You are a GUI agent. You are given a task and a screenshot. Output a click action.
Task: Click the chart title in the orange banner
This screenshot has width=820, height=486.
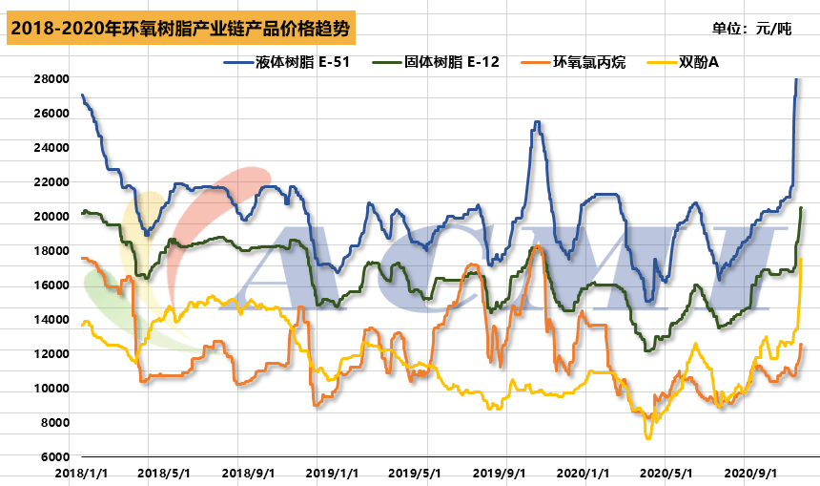181,30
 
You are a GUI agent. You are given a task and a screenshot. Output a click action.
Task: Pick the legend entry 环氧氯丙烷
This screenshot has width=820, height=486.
590,63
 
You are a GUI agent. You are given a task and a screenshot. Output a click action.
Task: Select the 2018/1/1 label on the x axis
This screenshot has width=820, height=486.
80,473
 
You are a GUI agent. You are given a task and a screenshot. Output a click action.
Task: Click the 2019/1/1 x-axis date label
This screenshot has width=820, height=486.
332,473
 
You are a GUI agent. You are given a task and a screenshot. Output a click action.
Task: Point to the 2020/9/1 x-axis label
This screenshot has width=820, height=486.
750,473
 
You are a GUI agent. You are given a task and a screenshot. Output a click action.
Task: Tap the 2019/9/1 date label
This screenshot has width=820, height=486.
500,473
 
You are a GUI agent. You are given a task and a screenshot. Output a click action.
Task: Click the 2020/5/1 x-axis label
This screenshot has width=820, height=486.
666,473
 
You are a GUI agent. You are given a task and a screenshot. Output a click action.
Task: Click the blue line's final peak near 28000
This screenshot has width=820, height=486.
796,79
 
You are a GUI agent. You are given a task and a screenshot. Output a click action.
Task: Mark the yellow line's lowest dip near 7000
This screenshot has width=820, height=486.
648,437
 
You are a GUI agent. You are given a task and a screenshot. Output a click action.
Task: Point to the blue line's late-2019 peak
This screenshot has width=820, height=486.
538,122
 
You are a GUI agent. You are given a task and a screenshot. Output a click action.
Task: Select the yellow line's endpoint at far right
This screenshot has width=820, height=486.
801,259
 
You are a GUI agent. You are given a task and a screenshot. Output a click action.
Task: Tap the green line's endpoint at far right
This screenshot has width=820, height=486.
801,208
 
